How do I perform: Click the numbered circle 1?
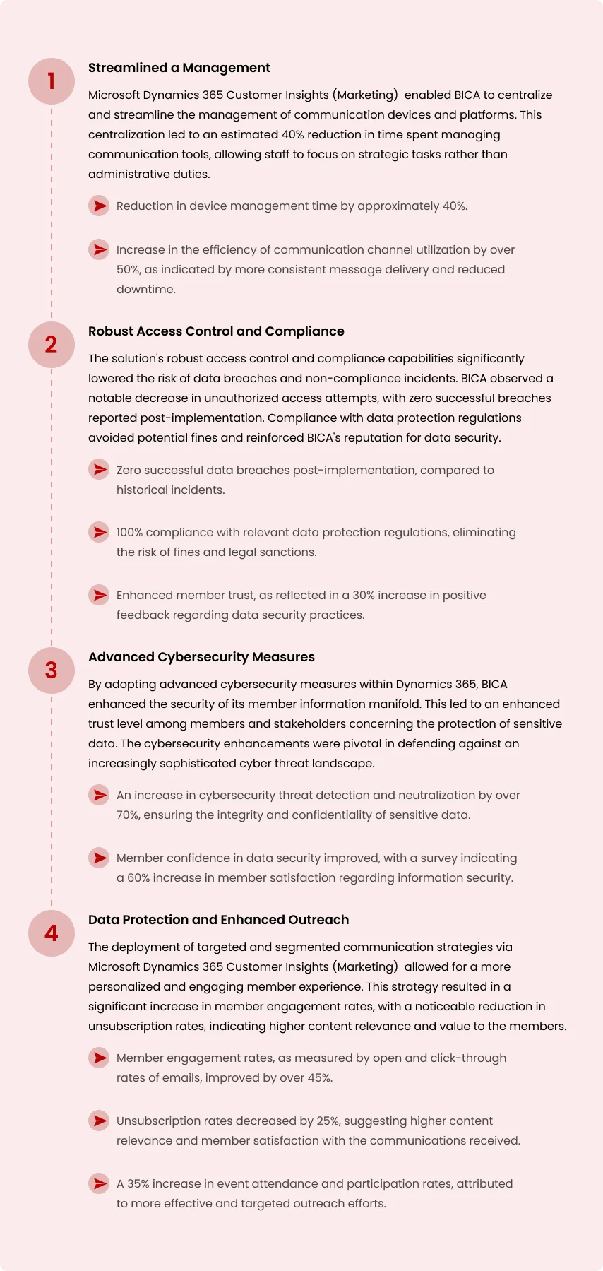52,81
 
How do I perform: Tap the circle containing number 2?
52,345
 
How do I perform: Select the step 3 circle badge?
52,670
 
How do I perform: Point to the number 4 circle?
52,933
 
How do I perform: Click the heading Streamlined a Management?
179,68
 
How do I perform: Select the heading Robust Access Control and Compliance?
216,331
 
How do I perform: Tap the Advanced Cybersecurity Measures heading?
201,657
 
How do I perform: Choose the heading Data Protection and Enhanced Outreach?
218,920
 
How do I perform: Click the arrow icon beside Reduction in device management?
100,206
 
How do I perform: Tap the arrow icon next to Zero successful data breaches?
100,470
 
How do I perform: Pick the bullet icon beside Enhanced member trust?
100,595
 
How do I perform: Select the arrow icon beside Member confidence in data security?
100,858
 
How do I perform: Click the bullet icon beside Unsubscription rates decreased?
100,1121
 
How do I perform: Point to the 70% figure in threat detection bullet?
128,815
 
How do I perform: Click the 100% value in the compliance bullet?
129,533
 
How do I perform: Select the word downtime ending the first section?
145,290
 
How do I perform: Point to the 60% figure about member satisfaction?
138,878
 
